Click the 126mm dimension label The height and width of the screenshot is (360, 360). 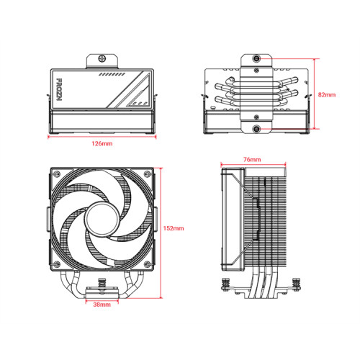[x=102, y=145]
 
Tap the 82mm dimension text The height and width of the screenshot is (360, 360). [x=327, y=95]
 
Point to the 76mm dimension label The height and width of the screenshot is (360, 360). [x=252, y=159]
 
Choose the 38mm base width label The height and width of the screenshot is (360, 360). [x=102, y=305]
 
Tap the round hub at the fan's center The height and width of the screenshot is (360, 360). [x=102, y=218]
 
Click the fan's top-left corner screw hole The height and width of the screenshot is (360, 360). [x=55, y=173]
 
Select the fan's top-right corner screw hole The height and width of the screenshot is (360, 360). [x=148, y=173]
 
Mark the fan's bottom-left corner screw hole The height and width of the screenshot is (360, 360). [x=55, y=264]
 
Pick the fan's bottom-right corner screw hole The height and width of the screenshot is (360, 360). [x=148, y=264]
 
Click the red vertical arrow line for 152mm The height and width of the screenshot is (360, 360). [x=161, y=228]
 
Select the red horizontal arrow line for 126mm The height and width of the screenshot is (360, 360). [x=102, y=137]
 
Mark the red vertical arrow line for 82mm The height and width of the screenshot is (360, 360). [x=315, y=95]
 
